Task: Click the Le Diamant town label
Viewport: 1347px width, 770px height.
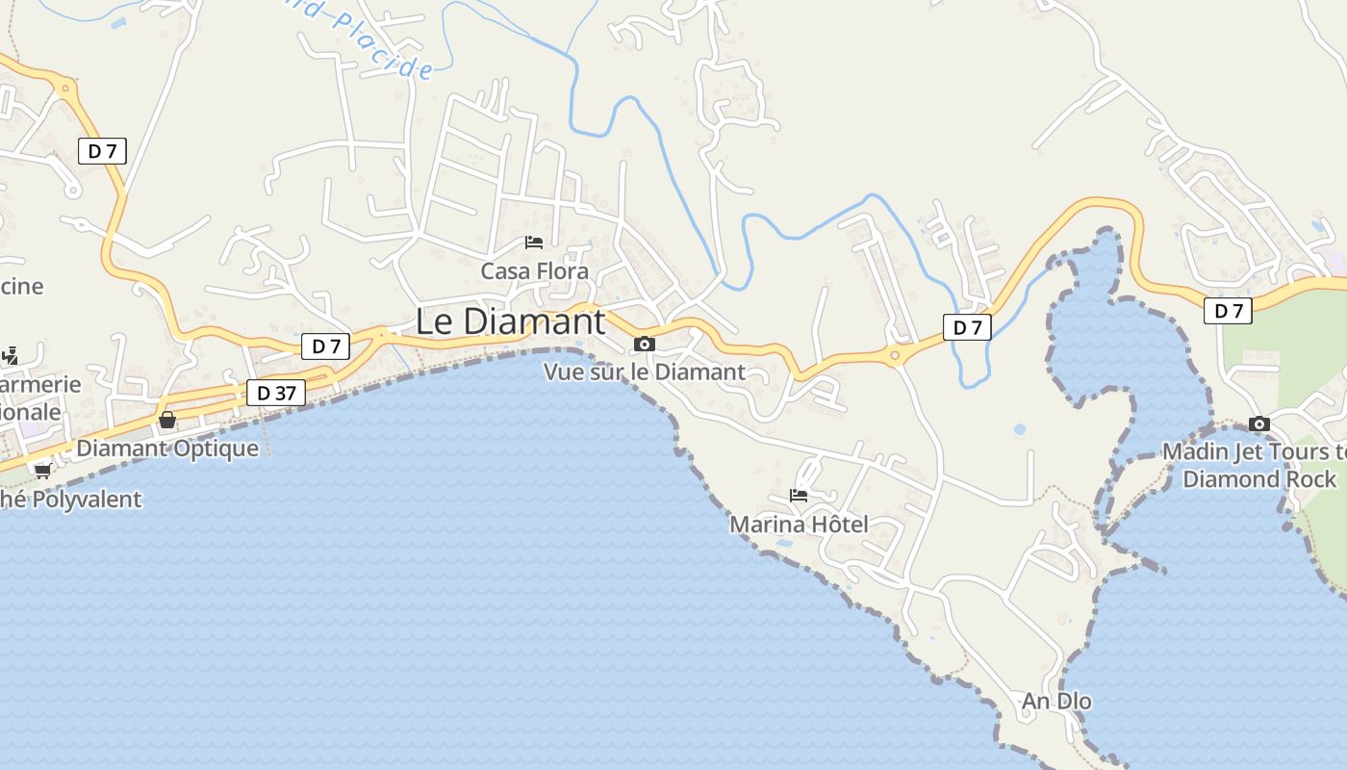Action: (511, 321)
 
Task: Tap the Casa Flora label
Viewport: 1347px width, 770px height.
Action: (534, 271)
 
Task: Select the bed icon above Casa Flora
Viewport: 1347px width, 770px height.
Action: (534, 242)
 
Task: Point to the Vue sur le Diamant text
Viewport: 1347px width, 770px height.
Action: (645, 372)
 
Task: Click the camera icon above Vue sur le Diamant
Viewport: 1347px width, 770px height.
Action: (645, 344)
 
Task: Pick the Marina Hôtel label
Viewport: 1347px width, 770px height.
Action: (799, 525)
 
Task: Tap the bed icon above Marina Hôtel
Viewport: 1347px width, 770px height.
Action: (799, 496)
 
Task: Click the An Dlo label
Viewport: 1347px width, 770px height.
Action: (1056, 702)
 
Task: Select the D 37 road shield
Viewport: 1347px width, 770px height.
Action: (276, 393)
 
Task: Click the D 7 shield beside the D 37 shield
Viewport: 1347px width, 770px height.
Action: (325, 346)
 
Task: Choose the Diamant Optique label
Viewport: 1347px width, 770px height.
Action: (167, 449)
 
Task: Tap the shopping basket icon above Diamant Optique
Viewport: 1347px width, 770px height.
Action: (167, 421)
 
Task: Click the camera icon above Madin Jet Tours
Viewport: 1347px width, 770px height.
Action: (1258, 423)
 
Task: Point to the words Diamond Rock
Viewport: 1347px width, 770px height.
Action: (1259, 479)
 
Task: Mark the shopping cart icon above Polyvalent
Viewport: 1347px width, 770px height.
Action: (42, 470)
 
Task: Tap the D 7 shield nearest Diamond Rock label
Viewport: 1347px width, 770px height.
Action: (1228, 311)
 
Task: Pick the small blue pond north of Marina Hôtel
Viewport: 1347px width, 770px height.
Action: (1019, 429)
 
